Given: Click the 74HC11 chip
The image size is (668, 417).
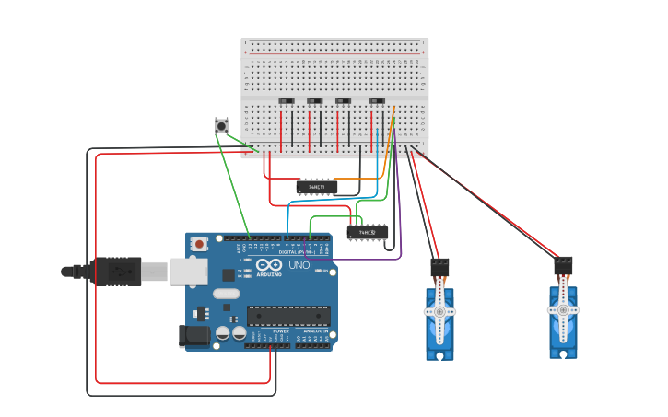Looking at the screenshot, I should (316, 187).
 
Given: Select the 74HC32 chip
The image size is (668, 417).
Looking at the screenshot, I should (368, 233).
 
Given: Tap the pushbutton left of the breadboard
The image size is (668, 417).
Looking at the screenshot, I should (221, 126).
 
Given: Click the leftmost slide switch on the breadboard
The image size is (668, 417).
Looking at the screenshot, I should (287, 100).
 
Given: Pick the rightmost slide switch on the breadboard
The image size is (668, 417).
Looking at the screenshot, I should (377, 100).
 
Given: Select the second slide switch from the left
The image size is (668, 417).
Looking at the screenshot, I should (314, 100).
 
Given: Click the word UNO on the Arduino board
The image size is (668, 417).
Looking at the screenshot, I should (299, 265).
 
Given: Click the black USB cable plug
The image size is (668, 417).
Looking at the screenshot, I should (115, 272).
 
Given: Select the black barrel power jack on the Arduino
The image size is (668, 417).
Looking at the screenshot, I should (194, 336).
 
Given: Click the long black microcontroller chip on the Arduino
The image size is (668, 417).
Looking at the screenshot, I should (287, 316).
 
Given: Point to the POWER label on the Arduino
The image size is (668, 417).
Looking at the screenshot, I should (267, 331).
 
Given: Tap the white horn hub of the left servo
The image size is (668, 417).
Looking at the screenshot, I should (439, 312).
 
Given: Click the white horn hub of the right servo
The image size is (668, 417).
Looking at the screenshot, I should (563, 309).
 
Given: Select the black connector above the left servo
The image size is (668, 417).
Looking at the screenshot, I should (439, 267).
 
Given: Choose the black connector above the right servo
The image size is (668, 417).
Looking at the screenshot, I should (563, 265).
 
